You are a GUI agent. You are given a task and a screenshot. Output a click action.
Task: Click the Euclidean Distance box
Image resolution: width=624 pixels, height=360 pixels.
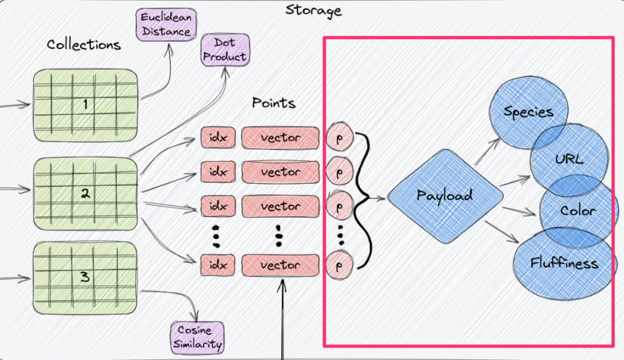point(164,23)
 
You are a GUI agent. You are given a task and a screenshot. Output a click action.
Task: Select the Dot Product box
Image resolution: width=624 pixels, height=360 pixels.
point(224,50)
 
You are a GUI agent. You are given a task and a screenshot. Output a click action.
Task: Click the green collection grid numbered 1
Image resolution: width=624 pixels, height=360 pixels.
point(86,103)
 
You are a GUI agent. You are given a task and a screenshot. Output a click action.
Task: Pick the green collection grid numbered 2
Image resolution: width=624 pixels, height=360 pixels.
point(86,193)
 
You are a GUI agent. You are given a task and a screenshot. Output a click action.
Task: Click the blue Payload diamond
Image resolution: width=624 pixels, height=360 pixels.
point(445,196)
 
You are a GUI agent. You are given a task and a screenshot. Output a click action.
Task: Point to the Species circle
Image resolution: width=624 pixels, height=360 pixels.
point(528,112)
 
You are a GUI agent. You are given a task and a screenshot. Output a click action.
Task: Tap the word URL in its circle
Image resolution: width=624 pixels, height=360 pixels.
point(569,159)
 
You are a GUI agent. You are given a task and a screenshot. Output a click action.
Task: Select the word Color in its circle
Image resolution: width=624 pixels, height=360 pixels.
point(577,211)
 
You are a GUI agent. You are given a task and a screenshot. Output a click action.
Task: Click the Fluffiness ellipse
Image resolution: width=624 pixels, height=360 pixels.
point(564,263)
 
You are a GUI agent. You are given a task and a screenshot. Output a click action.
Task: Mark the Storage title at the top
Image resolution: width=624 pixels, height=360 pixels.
point(313,10)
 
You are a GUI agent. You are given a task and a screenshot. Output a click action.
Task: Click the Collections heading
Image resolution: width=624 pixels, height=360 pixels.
point(84,44)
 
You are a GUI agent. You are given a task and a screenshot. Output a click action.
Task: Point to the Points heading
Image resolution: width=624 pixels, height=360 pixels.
point(274,103)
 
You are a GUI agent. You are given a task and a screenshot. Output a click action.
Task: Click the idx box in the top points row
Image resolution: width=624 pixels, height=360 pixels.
point(218,138)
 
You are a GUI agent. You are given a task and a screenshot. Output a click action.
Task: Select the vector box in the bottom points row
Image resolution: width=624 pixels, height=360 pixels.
point(281,265)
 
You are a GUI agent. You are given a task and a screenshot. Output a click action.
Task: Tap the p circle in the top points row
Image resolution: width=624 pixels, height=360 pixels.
point(339,137)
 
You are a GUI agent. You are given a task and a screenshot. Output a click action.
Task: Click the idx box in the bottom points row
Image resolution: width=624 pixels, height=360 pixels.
point(218,265)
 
